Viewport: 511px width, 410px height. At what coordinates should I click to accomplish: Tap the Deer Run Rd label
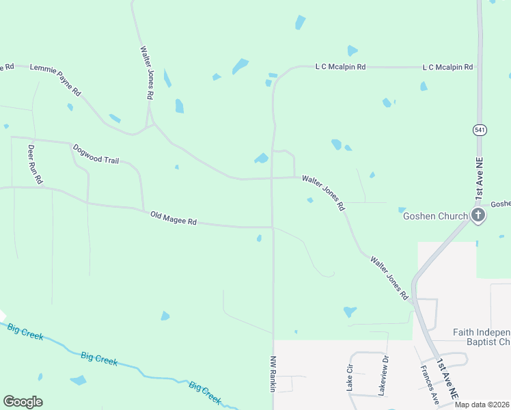click(x=35, y=164)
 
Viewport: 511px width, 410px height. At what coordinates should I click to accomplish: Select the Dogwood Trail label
click(x=96, y=154)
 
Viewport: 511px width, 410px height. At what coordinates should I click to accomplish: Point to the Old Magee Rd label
click(x=174, y=218)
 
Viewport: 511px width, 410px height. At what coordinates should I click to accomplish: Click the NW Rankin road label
click(x=273, y=373)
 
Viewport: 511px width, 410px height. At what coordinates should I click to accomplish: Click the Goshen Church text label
click(x=435, y=216)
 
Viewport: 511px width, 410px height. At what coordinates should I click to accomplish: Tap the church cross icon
click(x=478, y=216)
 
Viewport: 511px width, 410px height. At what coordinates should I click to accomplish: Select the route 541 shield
click(x=479, y=129)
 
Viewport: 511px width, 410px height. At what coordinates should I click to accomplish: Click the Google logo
click(x=23, y=401)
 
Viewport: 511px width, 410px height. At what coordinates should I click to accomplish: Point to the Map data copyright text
click(x=482, y=405)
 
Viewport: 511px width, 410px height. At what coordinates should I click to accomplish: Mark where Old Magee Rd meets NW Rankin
click(x=273, y=227)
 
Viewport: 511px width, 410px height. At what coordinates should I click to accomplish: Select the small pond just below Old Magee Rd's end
click(x=259, y=238)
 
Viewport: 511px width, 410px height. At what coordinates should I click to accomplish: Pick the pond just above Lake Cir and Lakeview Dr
click(x=350, y=312)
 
